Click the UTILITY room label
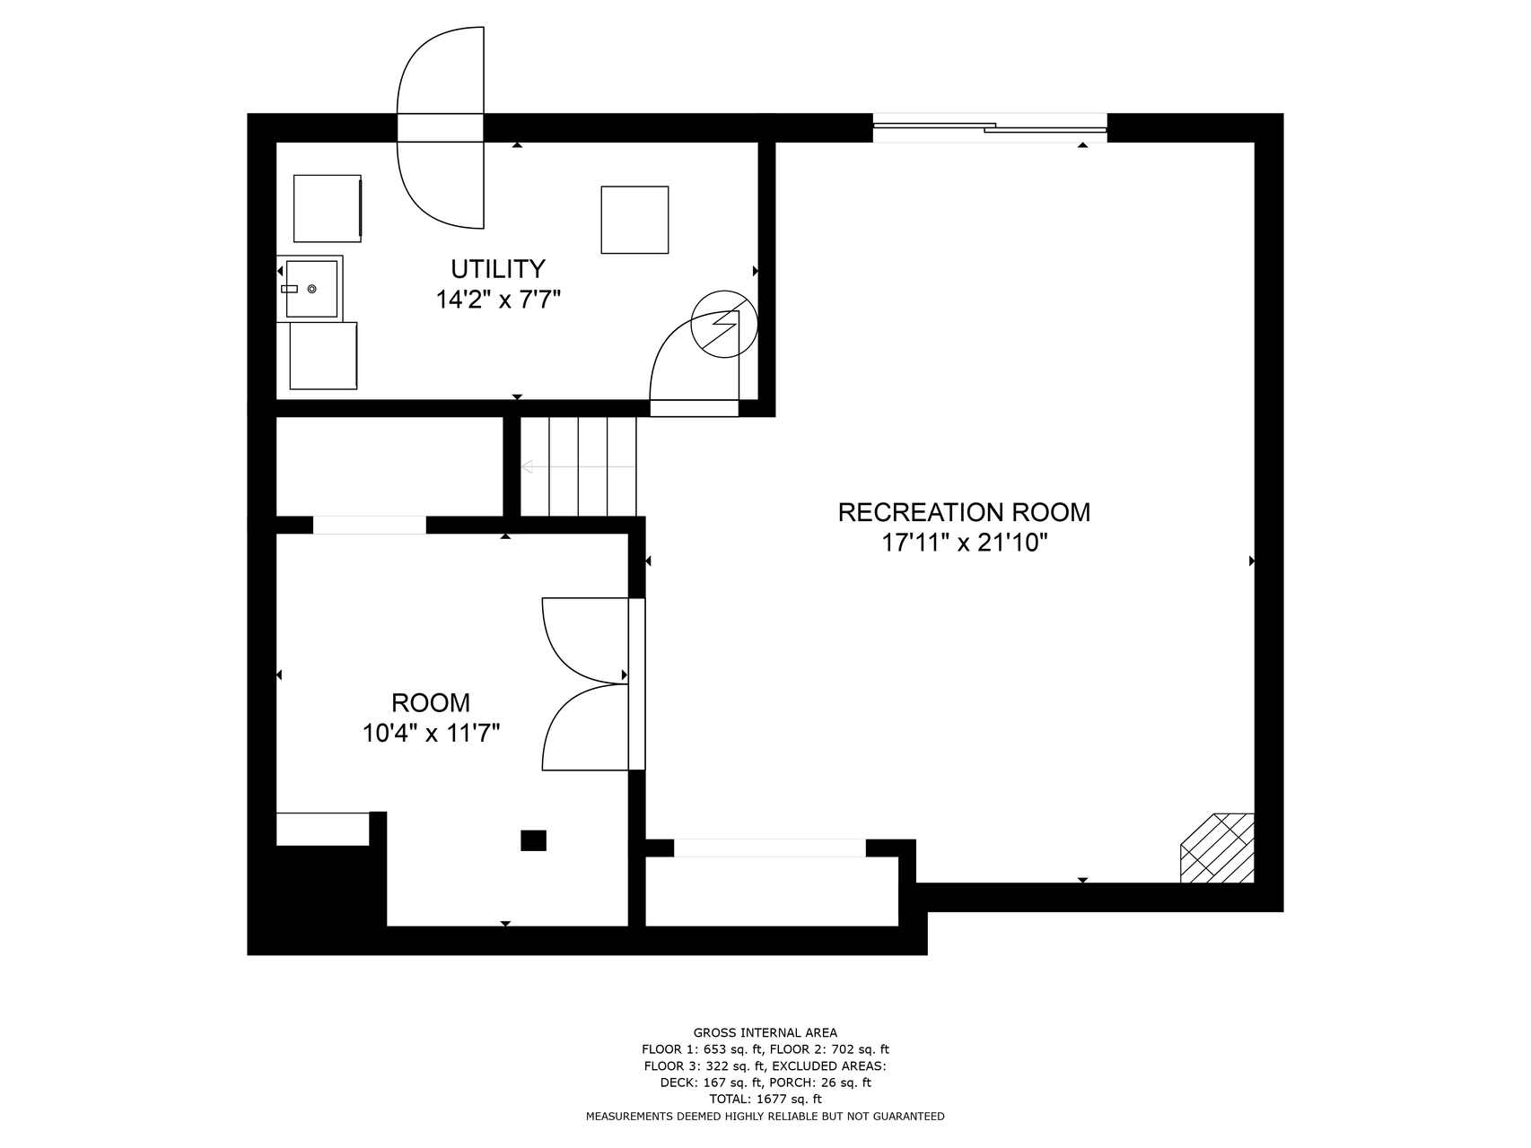click(x=498, y=269)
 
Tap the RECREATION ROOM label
click(x=964, y=512)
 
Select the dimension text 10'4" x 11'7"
click(x=431, y=734)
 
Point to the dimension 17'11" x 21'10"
click(x=964, y=543)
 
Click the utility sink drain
click(x=312, y=289)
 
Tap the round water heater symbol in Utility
click(x=724, y=324)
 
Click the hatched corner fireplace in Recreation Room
click(x=1218, y=848)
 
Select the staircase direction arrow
click(x=579, y=466)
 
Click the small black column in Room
click(x=533, y=840)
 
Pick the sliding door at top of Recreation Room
click(x=990, y=127)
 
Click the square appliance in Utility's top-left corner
click(x=328, y=208)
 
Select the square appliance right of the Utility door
click(x=634, y=220)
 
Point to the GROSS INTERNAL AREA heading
click(x=765, y=1032)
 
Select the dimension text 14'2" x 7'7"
click(x=498, y=300)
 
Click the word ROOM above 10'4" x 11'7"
click(x=431, y=702)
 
